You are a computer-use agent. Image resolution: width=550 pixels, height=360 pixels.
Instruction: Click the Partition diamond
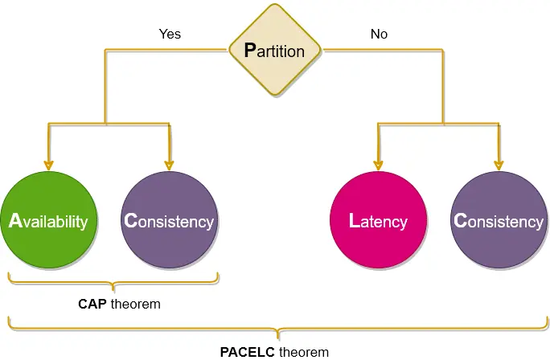click(x=275, y=50)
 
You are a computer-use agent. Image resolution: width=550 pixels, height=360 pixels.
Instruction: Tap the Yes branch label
click(x=170, y=34)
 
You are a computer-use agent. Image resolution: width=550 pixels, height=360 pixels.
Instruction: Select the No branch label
click(x=380, y=34)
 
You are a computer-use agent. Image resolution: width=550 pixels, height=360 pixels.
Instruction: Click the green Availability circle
click(x=48, y=220)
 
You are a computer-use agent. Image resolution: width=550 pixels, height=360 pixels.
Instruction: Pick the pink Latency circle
click(x=378, y=220)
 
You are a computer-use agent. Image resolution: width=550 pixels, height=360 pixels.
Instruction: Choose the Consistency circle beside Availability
click(x=169, y=220)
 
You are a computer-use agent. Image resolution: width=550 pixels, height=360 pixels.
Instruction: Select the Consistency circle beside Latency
click(x=499, y=220)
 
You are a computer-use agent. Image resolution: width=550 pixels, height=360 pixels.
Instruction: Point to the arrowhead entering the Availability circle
click(x=48, y=166)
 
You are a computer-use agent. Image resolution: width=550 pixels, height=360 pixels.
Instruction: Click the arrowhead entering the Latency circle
click(x=378, y=166)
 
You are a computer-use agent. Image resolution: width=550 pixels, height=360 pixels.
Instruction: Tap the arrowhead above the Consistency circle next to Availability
click(x=169, y=166)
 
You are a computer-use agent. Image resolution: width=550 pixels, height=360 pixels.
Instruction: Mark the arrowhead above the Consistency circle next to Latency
click(x=499, y=166)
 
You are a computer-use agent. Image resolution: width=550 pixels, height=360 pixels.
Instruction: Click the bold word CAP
click(x=92, y=304)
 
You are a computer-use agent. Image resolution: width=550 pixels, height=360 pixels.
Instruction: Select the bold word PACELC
click(x=248, y=352)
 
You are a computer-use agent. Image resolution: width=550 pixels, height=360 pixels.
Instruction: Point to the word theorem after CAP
click(x=136, y=304)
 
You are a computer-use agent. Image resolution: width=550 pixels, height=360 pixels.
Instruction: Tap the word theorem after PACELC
click(x=304, y=352)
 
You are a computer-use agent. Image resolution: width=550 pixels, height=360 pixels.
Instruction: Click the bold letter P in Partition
click(x=250, y=50)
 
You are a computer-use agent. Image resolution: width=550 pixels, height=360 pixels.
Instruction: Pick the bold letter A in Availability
click(x=15, y=221)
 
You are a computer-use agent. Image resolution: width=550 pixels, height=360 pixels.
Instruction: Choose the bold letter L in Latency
click(x=355, y=221)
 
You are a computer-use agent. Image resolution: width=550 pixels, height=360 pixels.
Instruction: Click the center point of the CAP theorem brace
click(x=113, y=288)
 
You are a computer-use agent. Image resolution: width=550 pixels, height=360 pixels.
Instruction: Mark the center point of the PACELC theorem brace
click(x=278, y=336)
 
